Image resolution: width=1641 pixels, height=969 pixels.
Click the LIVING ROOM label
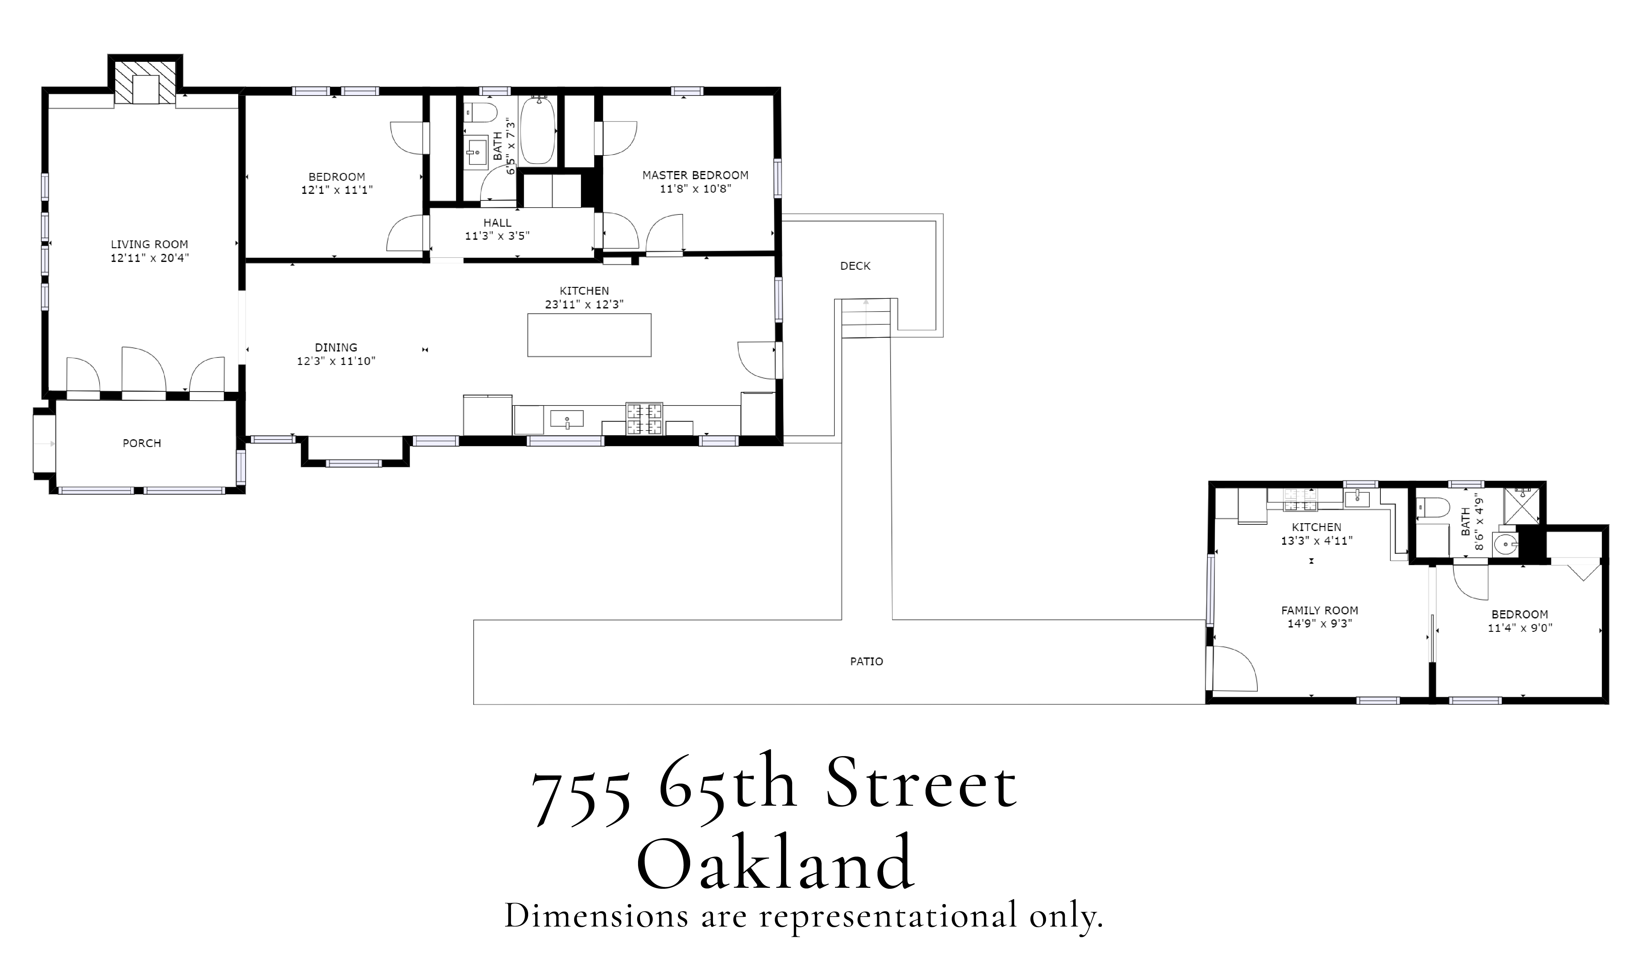(150, 244)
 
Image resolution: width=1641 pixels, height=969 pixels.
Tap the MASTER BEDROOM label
(695, 175)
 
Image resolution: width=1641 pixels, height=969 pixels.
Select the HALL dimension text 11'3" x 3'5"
(497, 236)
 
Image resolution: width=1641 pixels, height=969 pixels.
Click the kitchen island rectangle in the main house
(589, 335)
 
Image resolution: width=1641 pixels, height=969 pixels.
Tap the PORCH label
(142, 443)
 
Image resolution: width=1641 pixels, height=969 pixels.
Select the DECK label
(855, 266)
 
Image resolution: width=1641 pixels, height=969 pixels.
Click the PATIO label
(866, 662)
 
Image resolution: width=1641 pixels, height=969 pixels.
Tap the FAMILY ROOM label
(1319, 611)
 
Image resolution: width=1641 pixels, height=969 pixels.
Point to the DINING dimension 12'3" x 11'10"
(336, 361)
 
